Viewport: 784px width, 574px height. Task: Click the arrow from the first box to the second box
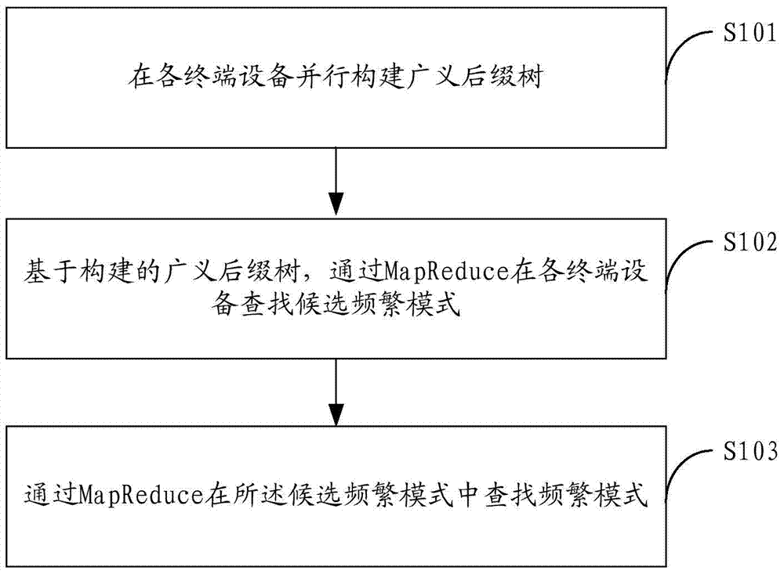pos(336,182)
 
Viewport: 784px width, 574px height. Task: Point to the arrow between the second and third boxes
pos(336,392)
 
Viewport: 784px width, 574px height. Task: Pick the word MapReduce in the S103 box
pos(141,495)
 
